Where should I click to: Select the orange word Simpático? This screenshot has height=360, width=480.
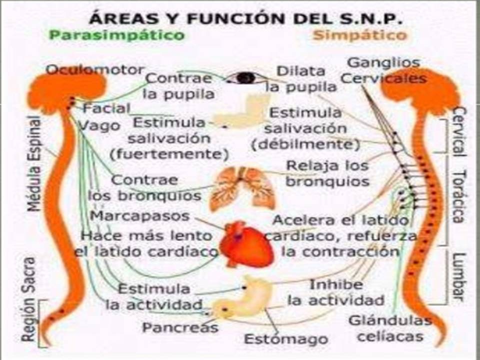tap(359, 35)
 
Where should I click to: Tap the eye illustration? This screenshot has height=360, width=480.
tap(245, 78)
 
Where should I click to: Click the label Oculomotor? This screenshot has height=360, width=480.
tap(95, 69)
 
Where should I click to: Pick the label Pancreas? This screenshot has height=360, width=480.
tap(180, 327)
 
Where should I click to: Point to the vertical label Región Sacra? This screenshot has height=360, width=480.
tap(29, 299)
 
